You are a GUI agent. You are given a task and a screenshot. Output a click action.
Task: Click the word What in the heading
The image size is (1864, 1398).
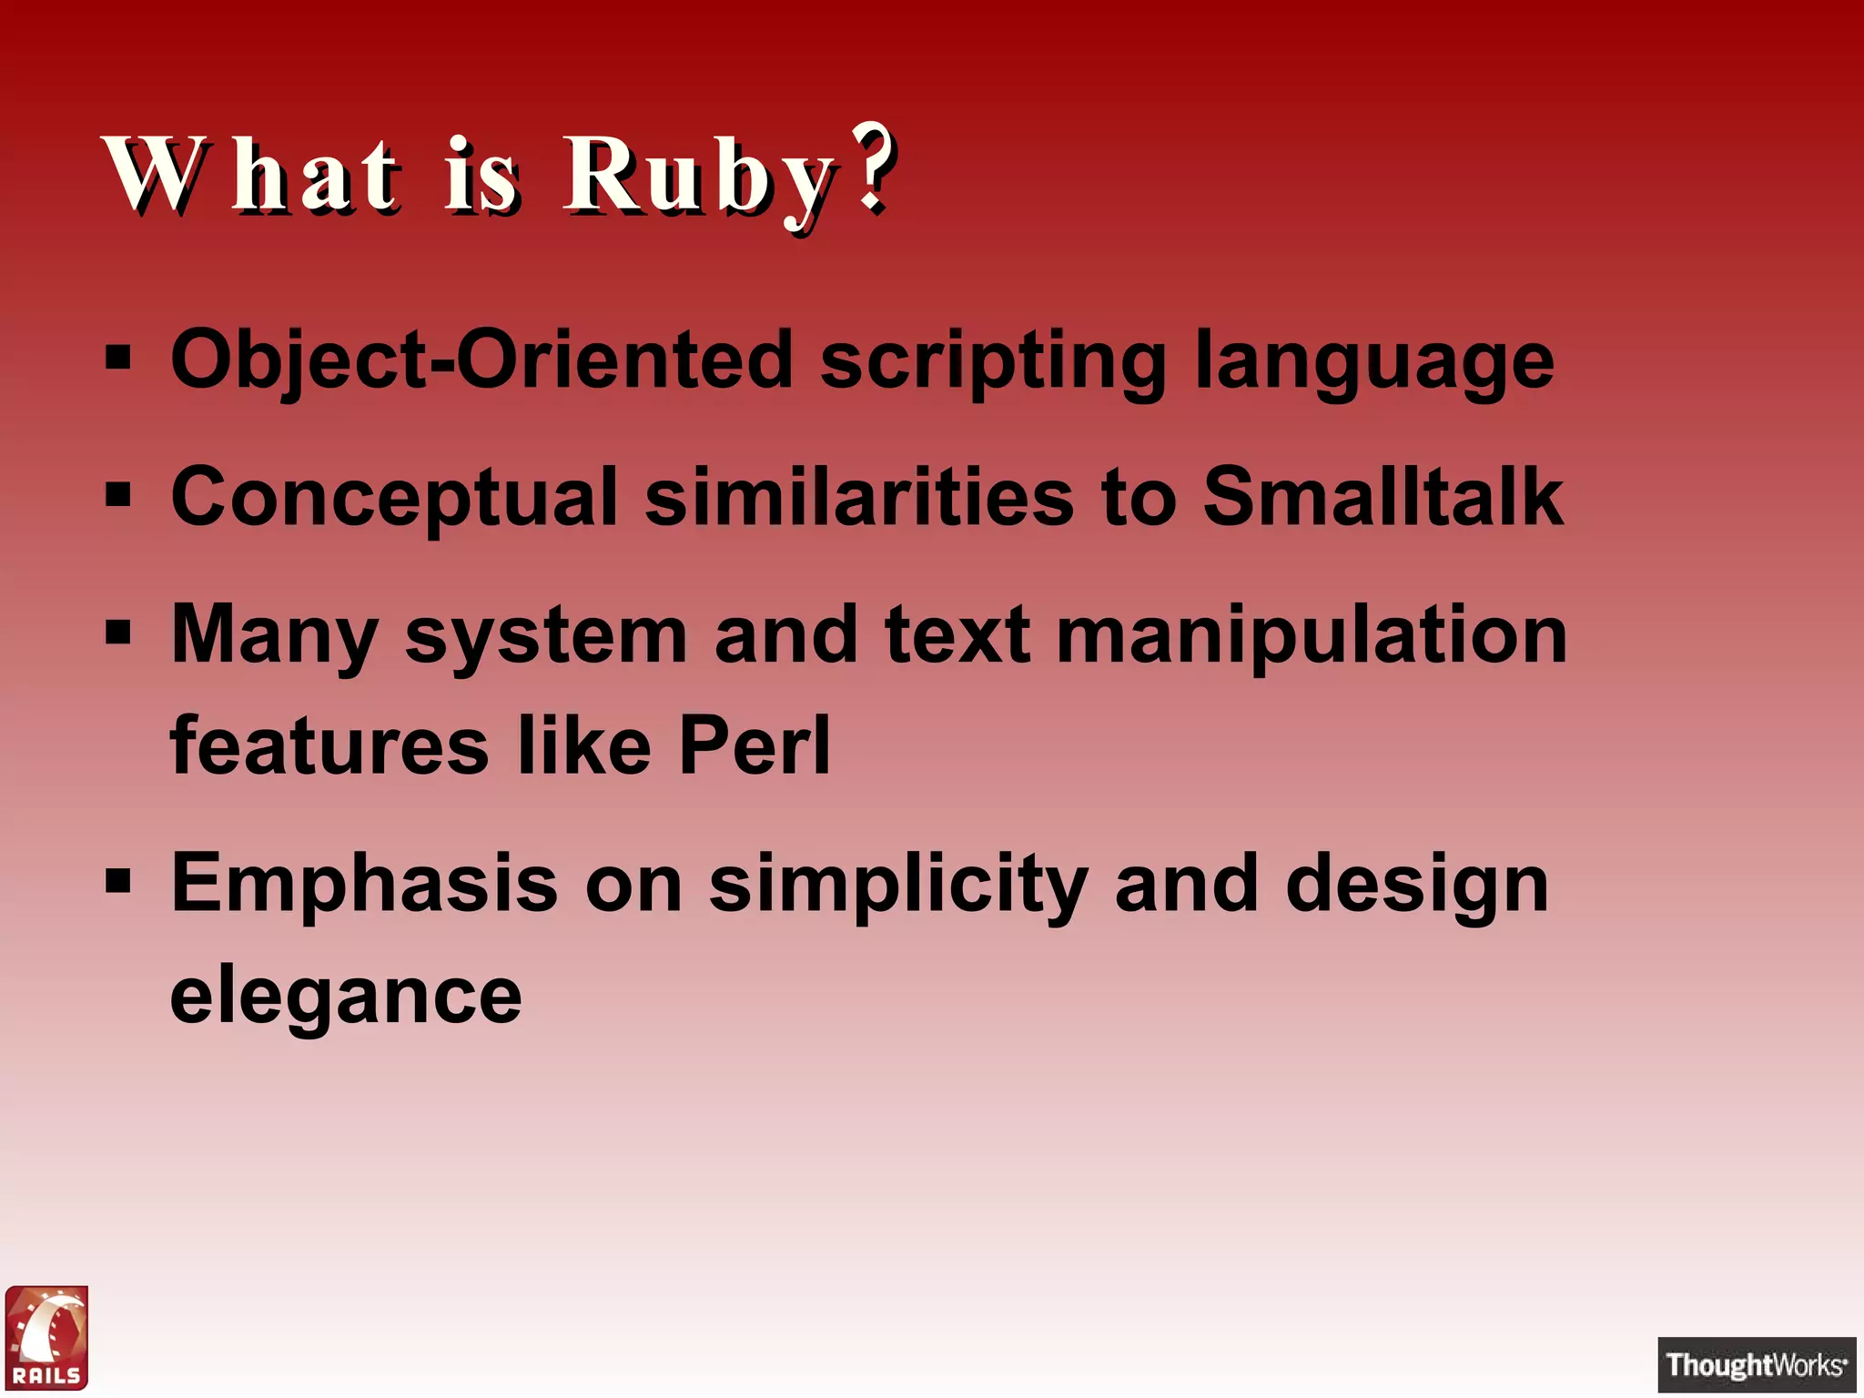tap(251, 175)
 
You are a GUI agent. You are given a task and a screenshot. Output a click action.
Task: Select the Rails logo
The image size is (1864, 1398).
tap(47, 1337)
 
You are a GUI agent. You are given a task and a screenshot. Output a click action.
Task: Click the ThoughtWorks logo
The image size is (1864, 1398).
tap(1756, 1364)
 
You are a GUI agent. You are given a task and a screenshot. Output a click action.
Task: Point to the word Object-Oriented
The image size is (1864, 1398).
tap(481, 361)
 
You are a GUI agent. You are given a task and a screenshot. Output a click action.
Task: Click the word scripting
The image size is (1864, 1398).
tap(993, 361)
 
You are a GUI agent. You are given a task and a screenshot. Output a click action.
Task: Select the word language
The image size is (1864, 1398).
tap(1374, 363)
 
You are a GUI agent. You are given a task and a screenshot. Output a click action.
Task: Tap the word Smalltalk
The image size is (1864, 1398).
tap(1383, 497)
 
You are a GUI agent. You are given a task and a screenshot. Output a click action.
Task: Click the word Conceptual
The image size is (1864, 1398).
tap(394, 499)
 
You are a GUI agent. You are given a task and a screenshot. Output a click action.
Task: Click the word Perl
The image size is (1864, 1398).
tap(755, 745)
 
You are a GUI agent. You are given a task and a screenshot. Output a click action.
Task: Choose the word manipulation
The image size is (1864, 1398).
tap(1312, 635)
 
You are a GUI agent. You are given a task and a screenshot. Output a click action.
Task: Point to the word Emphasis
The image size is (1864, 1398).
tap(364, 884)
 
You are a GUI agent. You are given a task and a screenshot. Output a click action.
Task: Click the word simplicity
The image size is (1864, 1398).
tap(898, 886)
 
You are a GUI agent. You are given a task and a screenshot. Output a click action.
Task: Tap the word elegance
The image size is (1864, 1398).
tap(346, 998)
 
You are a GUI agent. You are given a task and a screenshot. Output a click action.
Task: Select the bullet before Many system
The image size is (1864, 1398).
tap(118, 631)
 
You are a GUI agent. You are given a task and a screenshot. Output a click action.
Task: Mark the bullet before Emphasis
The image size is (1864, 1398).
tap(118, 880)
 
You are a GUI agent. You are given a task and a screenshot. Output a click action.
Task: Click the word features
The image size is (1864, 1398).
tap(329, 745)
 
